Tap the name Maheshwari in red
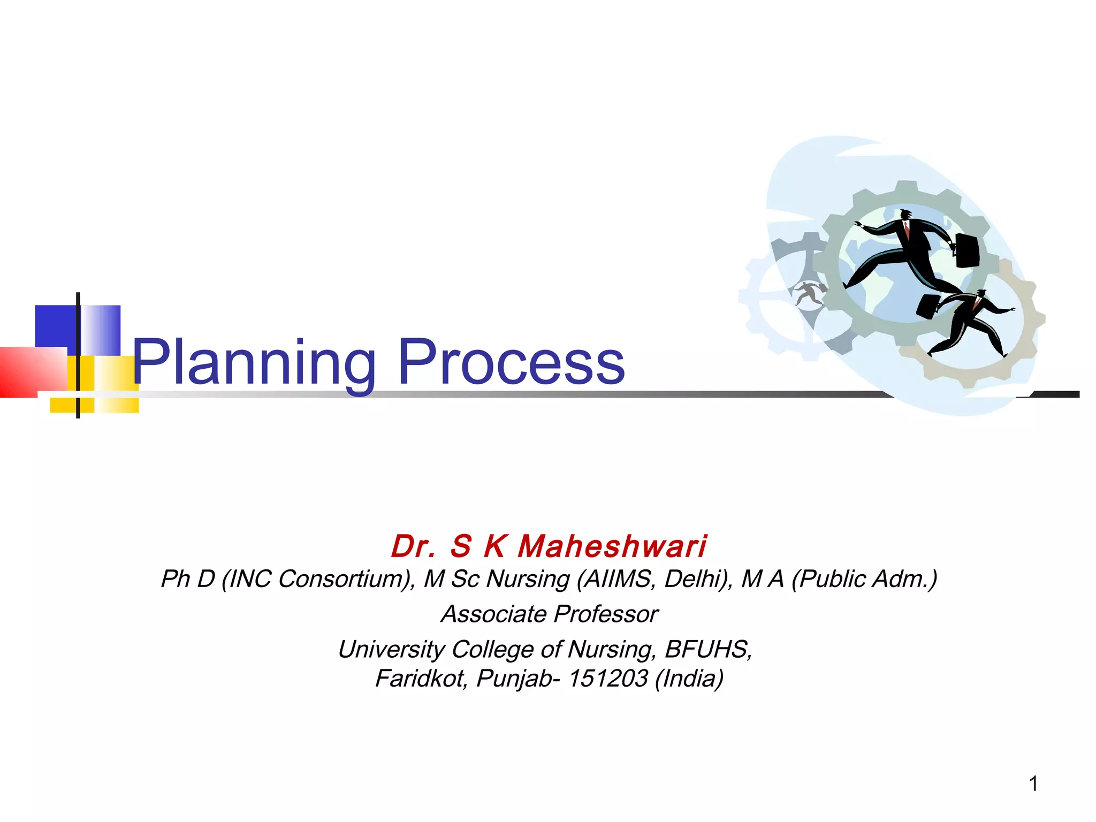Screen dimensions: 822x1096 tap(612, 546)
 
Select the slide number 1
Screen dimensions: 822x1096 tap(1033, 784)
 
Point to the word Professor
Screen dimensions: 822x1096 tap(606, 614)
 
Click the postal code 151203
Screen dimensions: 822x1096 tap(608, 679)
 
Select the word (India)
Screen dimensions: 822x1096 tap(689, 679)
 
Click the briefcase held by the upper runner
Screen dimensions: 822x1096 tap(967, 250)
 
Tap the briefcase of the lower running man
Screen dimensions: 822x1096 tap(928, 307)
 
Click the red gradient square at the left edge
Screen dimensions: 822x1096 tap(32, 372)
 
